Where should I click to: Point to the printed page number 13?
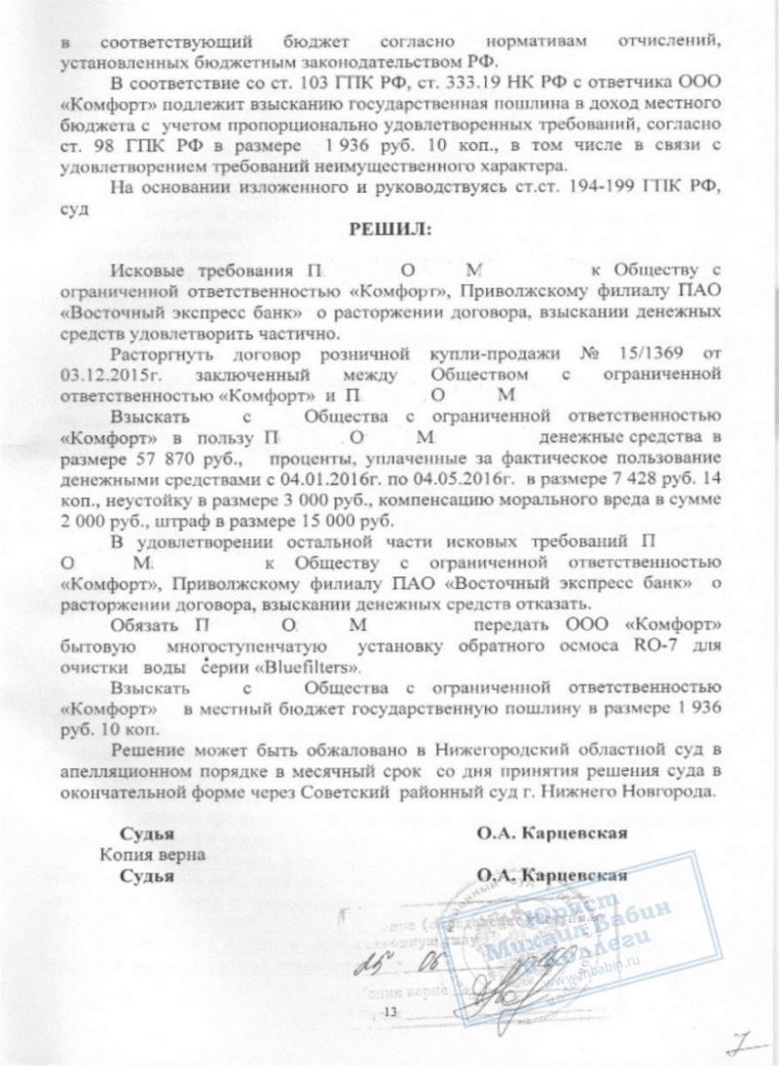[392, 1014]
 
